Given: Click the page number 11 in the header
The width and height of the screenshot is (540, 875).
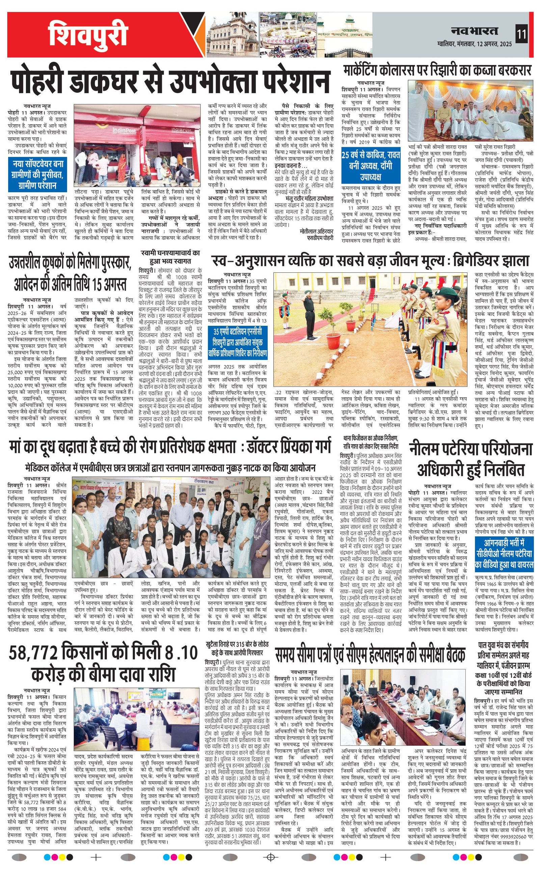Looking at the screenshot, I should pyautogui.click(x=521, y=35).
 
